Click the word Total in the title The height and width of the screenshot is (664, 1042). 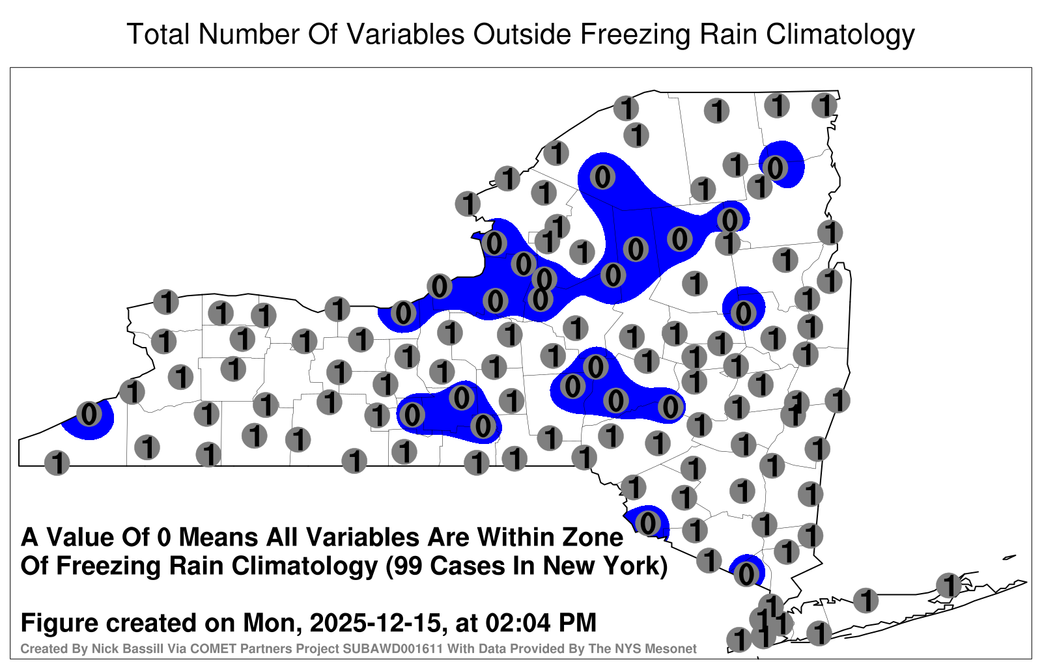[x=159, y=34]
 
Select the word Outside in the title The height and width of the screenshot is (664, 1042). [x=522, y=34]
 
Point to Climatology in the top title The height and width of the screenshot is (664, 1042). [x=840, y=35]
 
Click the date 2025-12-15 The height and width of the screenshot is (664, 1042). [x=375, y=622]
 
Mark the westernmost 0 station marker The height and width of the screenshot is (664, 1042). [x=89, y=414]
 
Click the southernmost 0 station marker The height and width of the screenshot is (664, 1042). [x=746, y=574]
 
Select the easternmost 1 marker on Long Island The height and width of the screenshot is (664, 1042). [x=948, y=585]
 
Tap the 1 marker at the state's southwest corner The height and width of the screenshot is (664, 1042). [x=57, y=463]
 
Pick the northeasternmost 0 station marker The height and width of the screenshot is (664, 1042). [x=775, y=167]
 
